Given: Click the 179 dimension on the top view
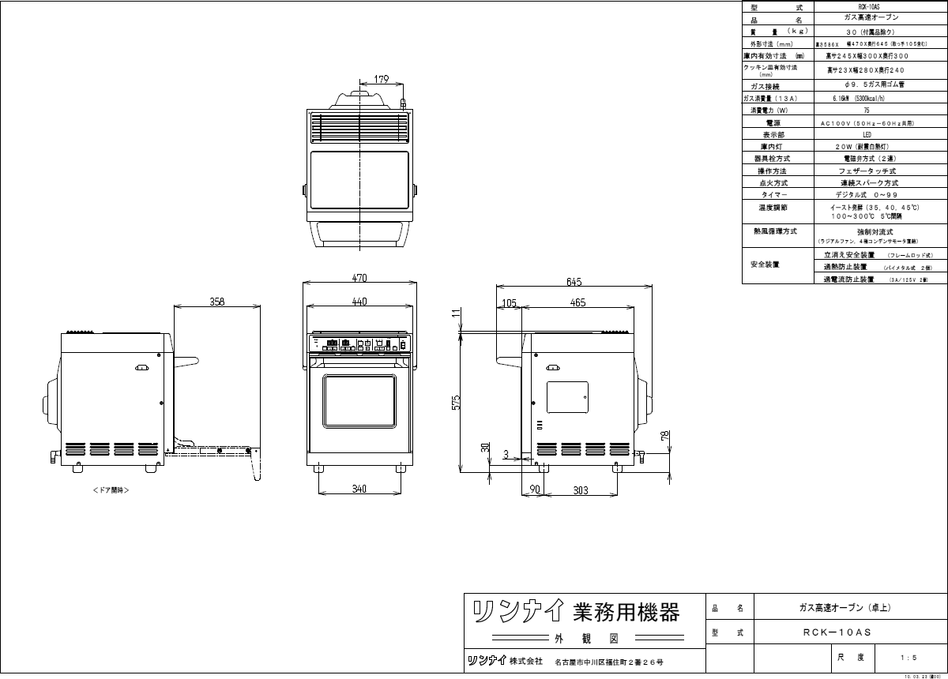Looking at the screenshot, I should tap(382, 79).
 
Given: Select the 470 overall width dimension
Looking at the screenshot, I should tap(360, 277).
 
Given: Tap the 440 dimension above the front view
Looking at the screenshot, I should tap(360, 302).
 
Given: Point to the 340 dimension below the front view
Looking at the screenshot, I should tap(359, 490).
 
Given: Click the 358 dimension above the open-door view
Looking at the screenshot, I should tap(216, 302).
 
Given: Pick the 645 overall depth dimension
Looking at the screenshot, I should tap(574, 282).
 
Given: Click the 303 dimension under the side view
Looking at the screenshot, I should tap(581, 490).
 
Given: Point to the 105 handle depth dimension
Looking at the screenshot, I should tap(509, 302).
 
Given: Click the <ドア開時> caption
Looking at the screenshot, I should tap(111, 490).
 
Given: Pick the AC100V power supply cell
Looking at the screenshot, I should tap(866, 123).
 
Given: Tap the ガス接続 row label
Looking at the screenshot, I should tap(766, 86).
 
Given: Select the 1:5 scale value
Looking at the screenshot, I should tap(908, 657).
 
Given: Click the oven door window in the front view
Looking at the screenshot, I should tap(359, 403).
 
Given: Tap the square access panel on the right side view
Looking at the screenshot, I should tap(568, 396).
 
